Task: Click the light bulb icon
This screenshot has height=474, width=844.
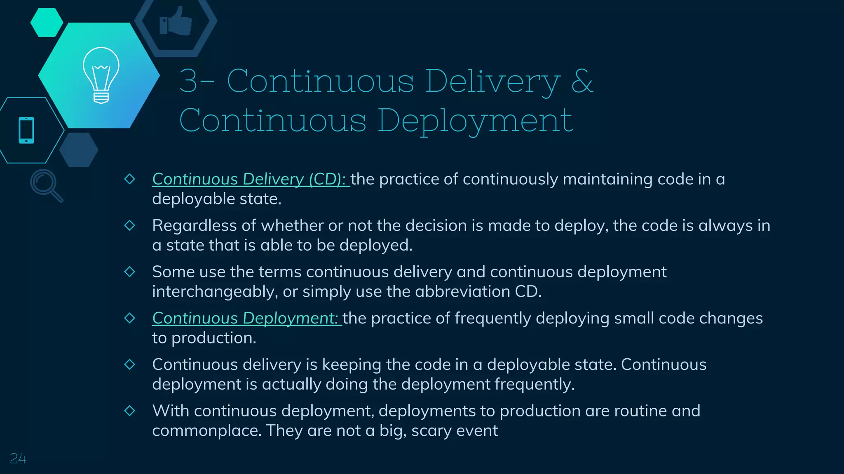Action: tap(101, 75)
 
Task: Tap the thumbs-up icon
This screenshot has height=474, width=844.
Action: tap(176, 21)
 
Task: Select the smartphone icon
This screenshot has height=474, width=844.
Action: tap(26, 130)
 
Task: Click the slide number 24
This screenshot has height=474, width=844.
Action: tap(18, 458)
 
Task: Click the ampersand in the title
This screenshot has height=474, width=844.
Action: tap(582, 81)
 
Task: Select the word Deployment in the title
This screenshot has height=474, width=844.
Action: tap(475, 121)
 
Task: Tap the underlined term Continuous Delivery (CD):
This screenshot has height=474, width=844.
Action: tap(250, 179)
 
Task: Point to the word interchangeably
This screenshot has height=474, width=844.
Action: tap(214, 292)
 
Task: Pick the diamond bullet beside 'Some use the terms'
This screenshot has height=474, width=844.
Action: tap(130, 272)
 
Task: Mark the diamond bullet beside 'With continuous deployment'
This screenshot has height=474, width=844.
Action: tap(130, 411)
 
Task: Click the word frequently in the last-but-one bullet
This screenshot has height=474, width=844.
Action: tap(533, 384)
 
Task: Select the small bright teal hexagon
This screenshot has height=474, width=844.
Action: tap(47, 23)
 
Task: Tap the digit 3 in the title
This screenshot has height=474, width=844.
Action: tap(188, 81)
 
